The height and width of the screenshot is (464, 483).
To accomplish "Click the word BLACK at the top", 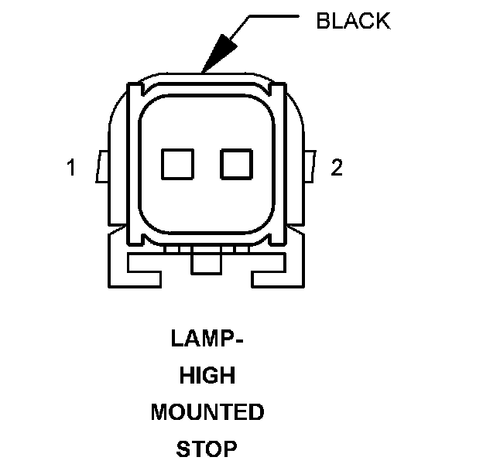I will pyautogui.click(x=353, y=22).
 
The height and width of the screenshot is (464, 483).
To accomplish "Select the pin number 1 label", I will pyautogui.click(x=70, y=167).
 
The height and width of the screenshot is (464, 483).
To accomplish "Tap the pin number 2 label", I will pyautogui.click(x=337, y=167).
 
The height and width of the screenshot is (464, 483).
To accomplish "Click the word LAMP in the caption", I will pyautogui.click(x=199, y=339).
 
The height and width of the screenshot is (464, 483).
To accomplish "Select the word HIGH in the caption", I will pyautogui.click(x=207, y=376).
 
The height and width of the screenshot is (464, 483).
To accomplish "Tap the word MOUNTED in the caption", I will pyautogui.click(x=207, y=412).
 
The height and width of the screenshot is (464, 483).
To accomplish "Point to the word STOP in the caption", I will pyautogui.click(x=207, y=449).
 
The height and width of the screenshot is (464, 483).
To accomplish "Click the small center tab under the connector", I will pyautogui.click(x=206, y=264).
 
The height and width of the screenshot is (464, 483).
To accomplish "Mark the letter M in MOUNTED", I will pyautogui.click(x=159, y=412).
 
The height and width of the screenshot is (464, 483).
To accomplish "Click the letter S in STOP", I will pyautogui.click(x=183, y=449).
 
